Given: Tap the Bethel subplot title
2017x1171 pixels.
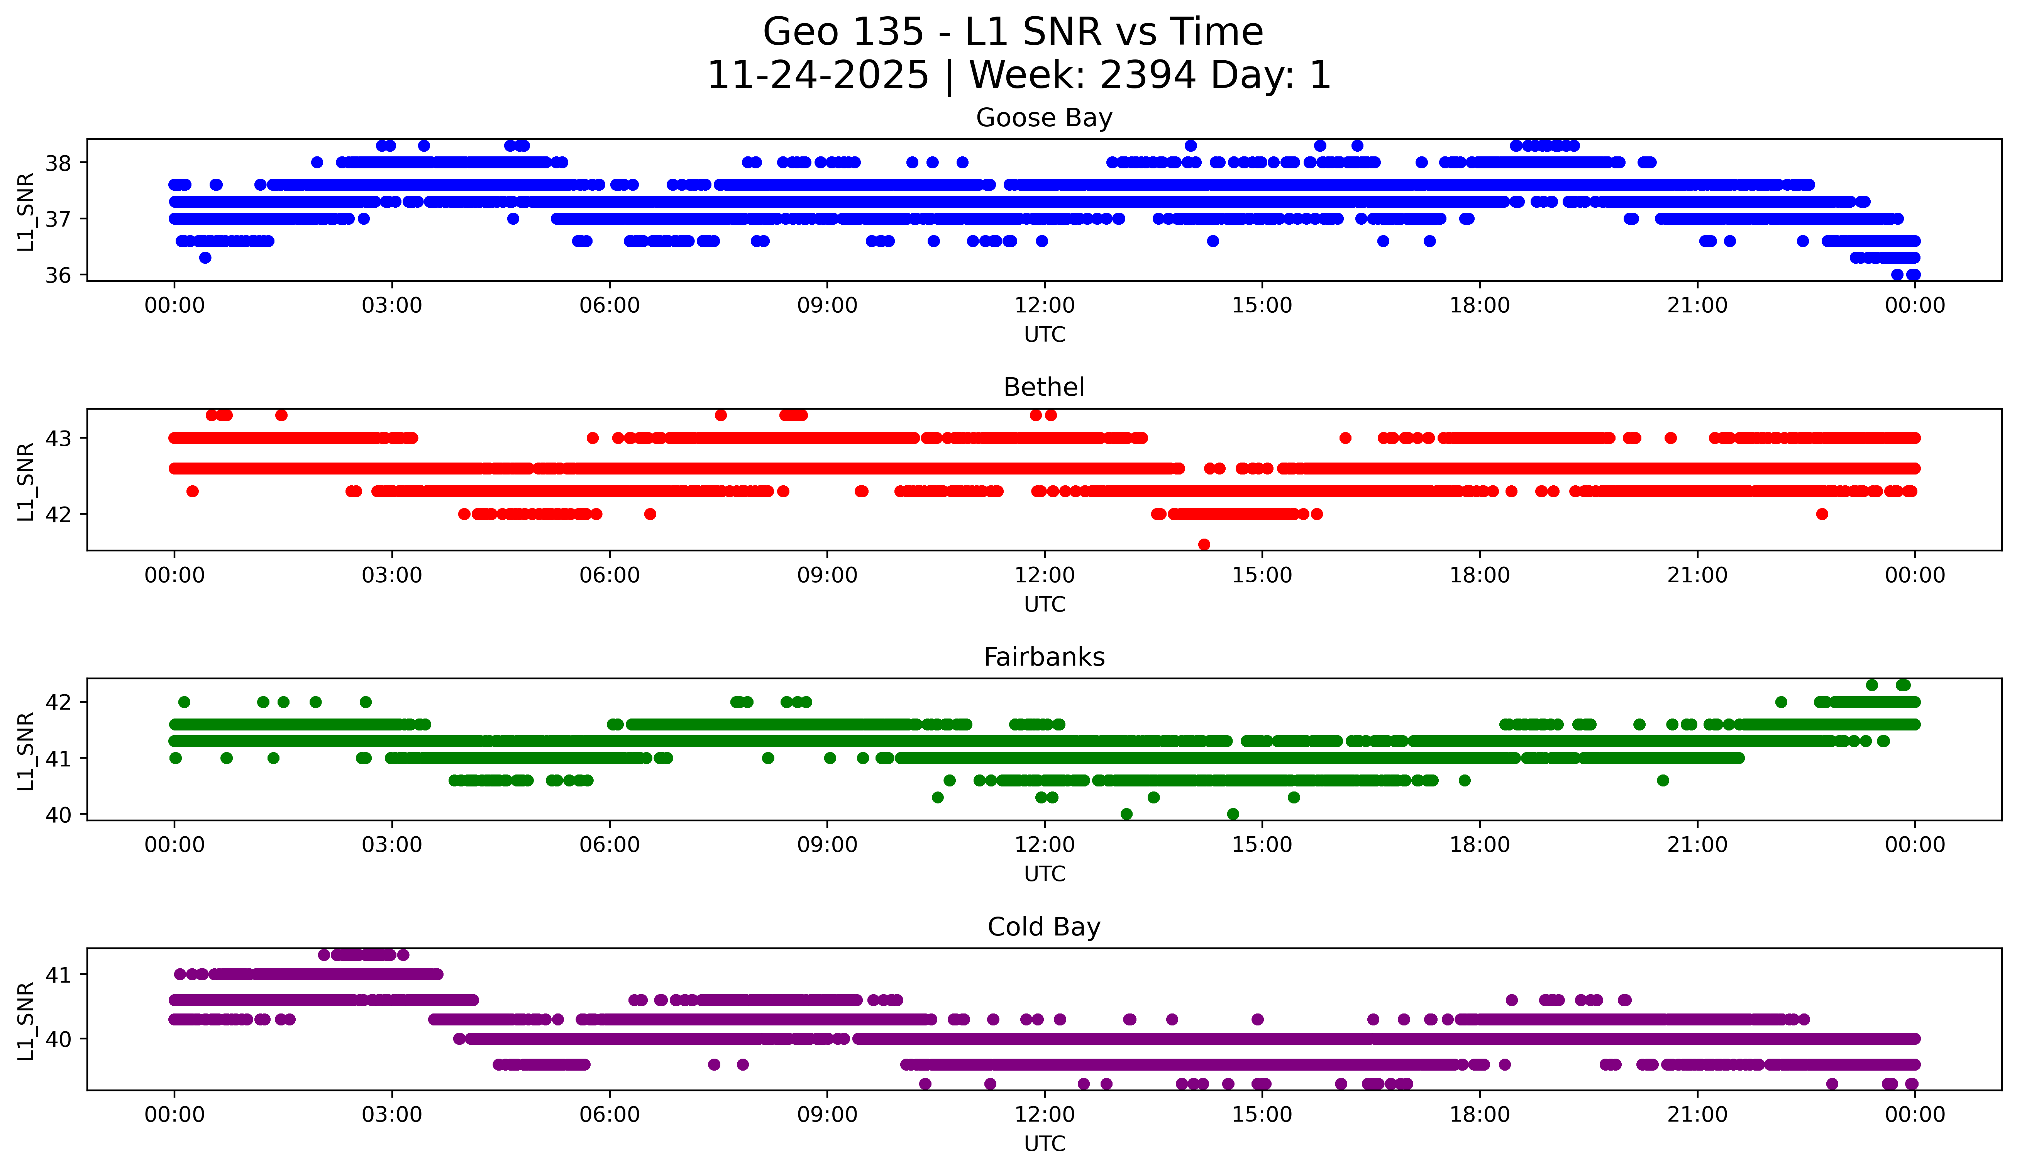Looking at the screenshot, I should [1044, 387].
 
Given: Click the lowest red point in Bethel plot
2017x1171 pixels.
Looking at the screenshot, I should [1204, 544].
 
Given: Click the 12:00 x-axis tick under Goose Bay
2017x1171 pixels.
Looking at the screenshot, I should [1045, 306].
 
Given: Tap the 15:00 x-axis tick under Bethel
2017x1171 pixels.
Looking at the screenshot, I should [1262, 576].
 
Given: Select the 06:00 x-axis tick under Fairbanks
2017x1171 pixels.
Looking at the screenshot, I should [610, 845].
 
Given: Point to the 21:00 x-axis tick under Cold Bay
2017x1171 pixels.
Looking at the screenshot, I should [1697, 1115].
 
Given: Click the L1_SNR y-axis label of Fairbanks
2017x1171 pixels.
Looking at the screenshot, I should [25, 751].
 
